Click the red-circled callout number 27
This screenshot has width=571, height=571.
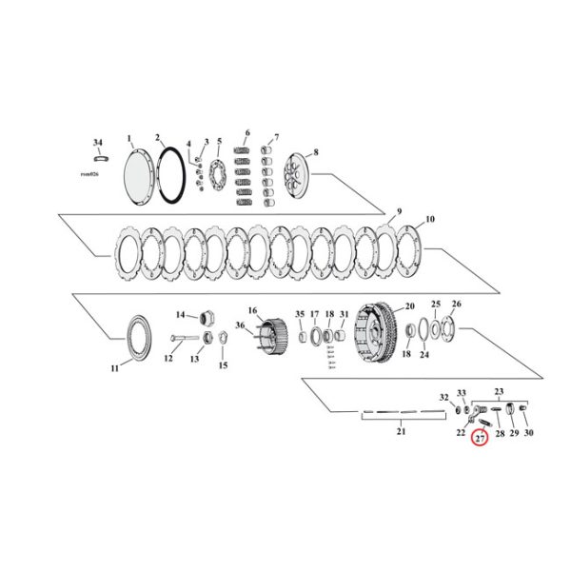click(481, 438)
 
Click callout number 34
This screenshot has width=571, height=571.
click(97, 142)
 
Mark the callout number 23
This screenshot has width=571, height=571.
click(497, 390)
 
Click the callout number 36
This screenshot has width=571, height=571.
click(240, 325)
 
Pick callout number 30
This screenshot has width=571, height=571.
click(529, 433)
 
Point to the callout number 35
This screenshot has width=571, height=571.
click(299, 314)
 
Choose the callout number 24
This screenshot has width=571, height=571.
click(424, 355)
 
